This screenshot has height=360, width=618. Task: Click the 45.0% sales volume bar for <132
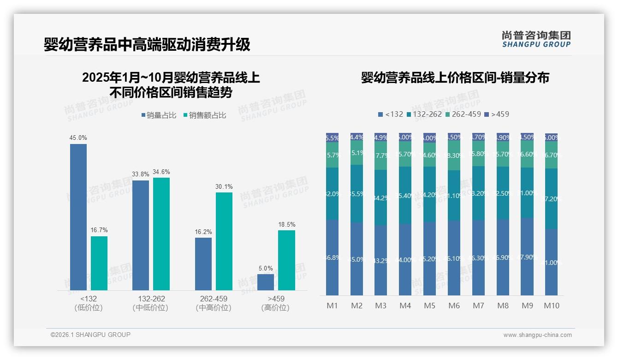pyautogui.click(x=78, y=217)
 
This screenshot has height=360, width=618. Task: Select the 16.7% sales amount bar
pyautogui.click(x=99, y=263)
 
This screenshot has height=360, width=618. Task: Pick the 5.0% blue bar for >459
pyautogui.click(x=266, y=282)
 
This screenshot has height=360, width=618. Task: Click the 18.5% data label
pyautogui.click(x=287, y=225)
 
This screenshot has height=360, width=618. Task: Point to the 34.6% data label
pyautogui.click(x=161, y=172)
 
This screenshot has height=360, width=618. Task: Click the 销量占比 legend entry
pyautogui.click(x=159, y=115)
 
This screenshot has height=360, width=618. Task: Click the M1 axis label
pyautogui.click(x=332, y=306)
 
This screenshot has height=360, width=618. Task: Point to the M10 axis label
pyautogui.click(x=552, y=306)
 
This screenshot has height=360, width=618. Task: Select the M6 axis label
pyautogui.click(x=454, y=306)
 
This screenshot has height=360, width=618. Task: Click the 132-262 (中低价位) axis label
pyautogui.click(x=151, y=303)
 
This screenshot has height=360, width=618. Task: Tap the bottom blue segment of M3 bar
pyautogui.click(x=380, y=260)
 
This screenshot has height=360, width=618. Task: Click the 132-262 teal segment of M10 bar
pyautogui.click(x=552, y=198)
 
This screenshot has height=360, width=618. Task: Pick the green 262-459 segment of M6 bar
pyautogui.click(x=454, y=156)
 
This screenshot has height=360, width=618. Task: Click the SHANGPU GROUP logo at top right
pyautogui.click(x=536, y=39)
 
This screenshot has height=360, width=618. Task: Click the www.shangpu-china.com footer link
pyautogui.click(x=537, y=335)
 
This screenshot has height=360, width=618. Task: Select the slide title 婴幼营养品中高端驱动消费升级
pyautogui.click(x=147, y=45)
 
